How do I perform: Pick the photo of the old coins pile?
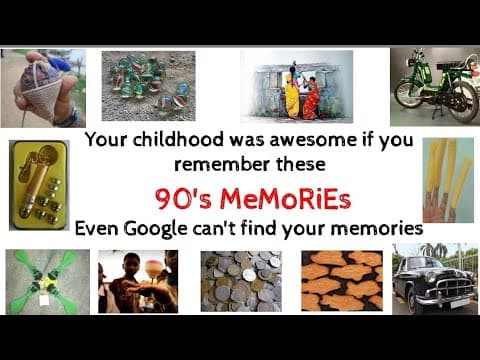point(240,280)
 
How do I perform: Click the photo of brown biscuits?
point(341,280)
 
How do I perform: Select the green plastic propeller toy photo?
point(45,281)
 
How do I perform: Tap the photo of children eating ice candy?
point(137,281)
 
